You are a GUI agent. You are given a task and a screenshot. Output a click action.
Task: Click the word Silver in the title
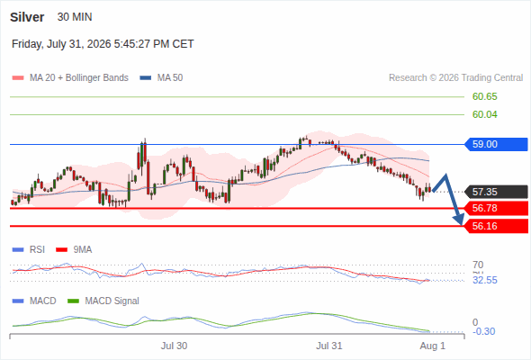click(27, 17)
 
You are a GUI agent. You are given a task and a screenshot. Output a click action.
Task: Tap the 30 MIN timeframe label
click(75, 17)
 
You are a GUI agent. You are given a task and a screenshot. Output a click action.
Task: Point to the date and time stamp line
click(103, 44)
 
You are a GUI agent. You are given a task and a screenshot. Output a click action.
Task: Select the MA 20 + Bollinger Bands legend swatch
click(18, 78)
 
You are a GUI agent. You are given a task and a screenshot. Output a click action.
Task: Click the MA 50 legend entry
click(161, 78)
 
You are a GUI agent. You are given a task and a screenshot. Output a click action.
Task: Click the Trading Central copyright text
click(455, 78)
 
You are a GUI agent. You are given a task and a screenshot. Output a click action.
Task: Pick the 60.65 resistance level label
click(484, 96)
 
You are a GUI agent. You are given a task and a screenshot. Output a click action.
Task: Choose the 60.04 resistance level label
click(484, 114)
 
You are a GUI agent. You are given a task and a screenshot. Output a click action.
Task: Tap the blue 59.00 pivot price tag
click(496, 144)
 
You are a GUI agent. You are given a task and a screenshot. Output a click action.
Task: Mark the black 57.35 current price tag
click(496, 192)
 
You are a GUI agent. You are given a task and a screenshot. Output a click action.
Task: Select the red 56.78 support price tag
click(496, 208)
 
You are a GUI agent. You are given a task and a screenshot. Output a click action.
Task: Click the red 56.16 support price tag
click(496, 226)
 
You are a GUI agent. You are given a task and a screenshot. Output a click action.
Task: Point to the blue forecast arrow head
click(460, 220)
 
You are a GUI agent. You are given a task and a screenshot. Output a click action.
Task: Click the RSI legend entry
click(29, 249)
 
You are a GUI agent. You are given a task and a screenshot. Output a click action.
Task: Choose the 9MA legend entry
click(74, 249)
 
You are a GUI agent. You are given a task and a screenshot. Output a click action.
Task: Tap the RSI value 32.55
click(485, 280)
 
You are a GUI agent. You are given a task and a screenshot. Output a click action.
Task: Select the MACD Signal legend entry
click(103, 301)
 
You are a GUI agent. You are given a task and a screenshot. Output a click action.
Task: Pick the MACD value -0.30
click(483, 331)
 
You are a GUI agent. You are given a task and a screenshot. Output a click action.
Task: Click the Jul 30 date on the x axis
click(174, 346)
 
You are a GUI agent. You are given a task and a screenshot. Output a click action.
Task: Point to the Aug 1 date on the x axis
click(433, 346)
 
